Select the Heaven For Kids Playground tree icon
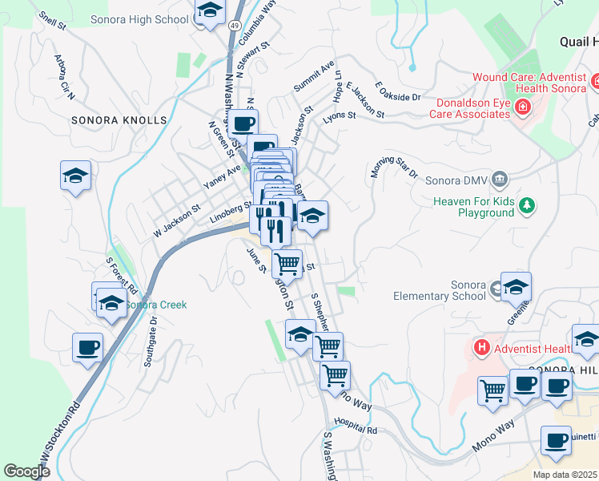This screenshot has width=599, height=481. coord(527,206)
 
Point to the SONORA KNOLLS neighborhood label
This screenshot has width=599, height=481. coord(119,120)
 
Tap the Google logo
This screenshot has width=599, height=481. coord(27,471)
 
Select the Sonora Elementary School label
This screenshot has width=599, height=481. coord(440,290)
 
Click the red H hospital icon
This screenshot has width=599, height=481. coord(481,347)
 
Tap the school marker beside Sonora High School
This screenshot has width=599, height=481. coord(210,12)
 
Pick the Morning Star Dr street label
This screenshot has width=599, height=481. coord(395,167)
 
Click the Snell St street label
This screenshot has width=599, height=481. coord(51,20)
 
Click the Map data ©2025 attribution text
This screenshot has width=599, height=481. coord(565,475)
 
